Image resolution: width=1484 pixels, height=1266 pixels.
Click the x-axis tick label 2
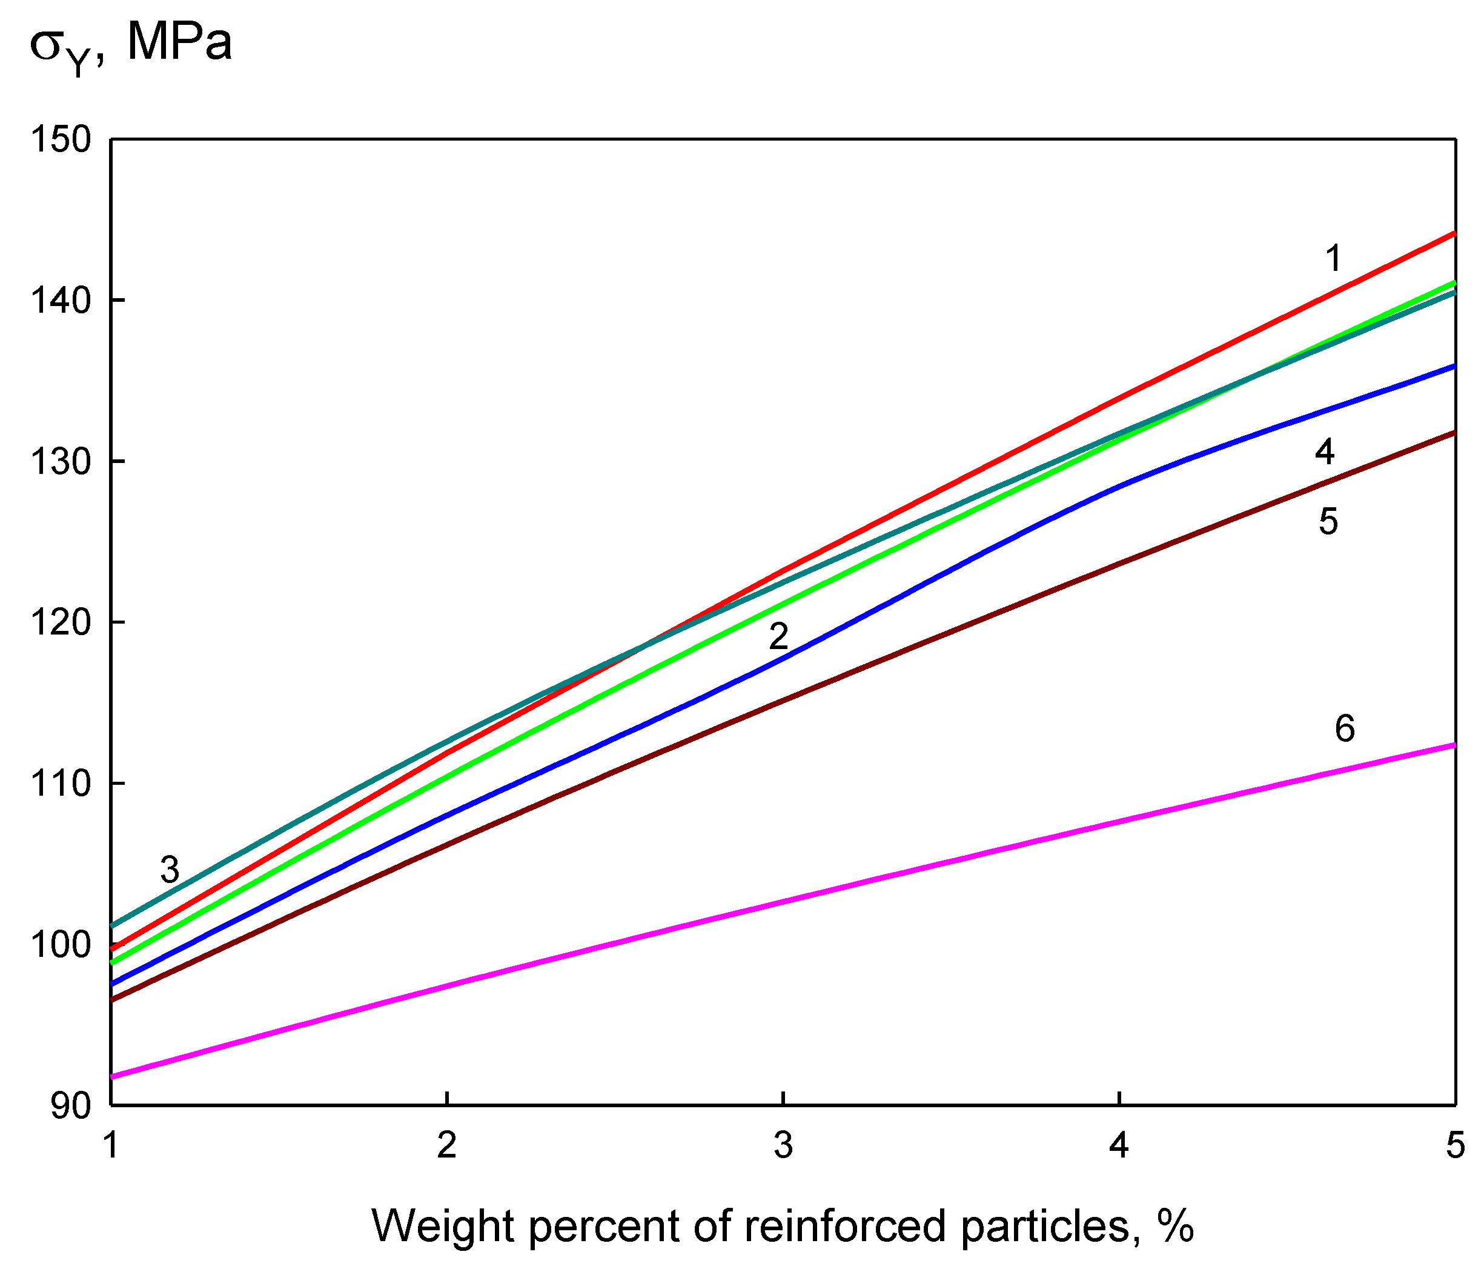[447, 1145]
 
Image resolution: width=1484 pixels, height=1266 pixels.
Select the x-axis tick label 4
[1119, 1145]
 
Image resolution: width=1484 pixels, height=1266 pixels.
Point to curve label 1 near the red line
[1333, 259]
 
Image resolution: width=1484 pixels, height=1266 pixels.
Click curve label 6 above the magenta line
[1344, 728]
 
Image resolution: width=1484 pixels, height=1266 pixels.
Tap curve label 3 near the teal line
[169, 870]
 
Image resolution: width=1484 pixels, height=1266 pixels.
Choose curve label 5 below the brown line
[1328, 522]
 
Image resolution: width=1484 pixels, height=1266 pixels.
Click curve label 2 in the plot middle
[778, 636]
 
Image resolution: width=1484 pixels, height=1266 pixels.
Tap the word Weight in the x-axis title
[443, 1226]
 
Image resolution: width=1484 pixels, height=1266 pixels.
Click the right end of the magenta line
[1453, 746]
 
